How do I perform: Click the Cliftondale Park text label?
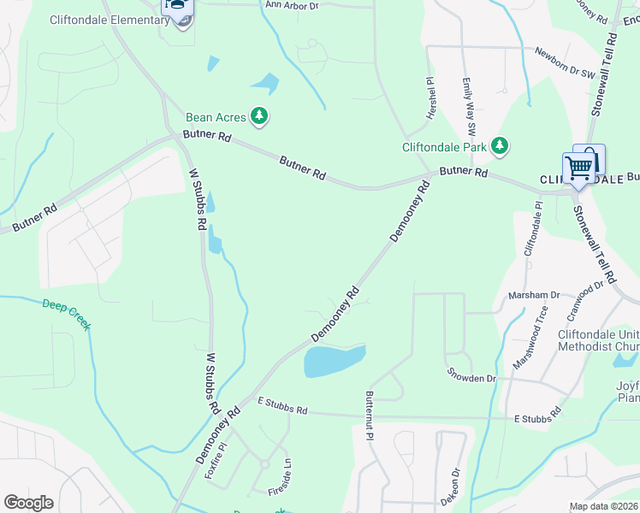[x=444, y=146]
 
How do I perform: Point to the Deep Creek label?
[x=66, y=313]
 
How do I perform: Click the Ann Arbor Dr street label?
[x=292, y=5]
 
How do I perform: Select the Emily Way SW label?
[x=469, y=107]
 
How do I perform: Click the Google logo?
[x=27, y=503]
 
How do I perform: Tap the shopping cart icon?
[x=579, y=167]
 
